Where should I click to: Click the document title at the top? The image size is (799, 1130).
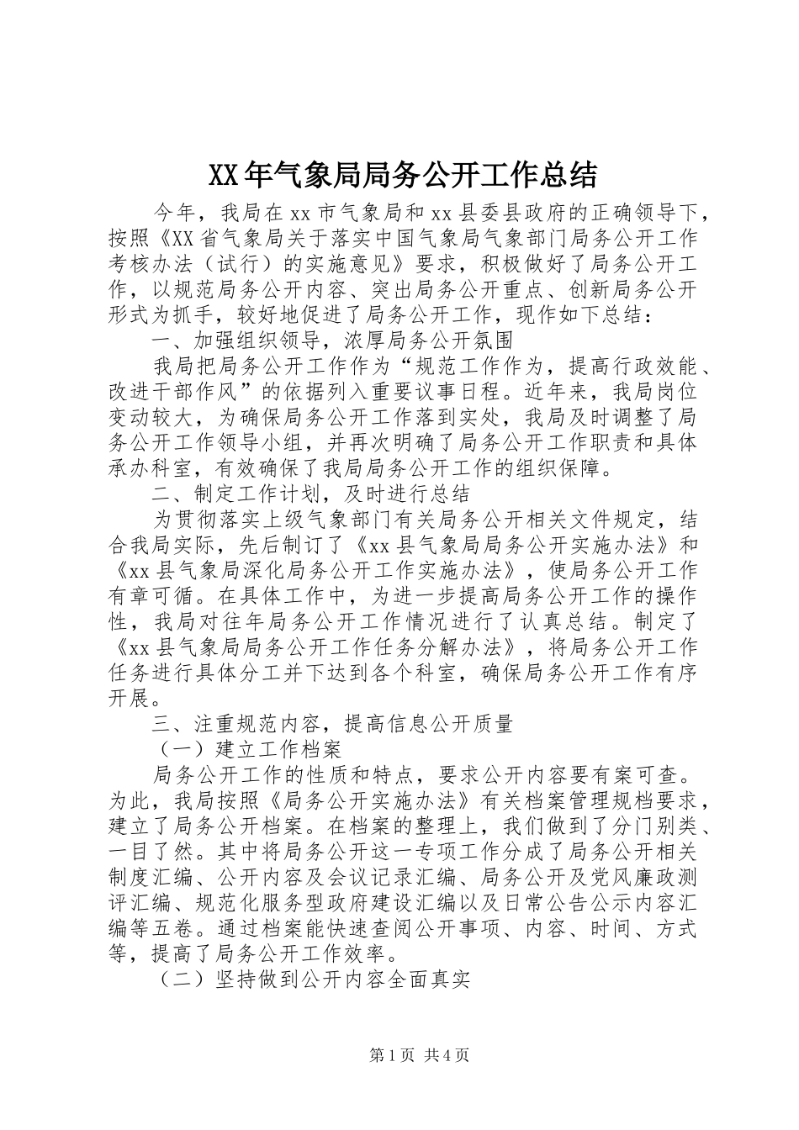tap(401, 175)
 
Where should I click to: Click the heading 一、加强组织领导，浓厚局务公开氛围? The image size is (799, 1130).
tap(331, 341)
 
